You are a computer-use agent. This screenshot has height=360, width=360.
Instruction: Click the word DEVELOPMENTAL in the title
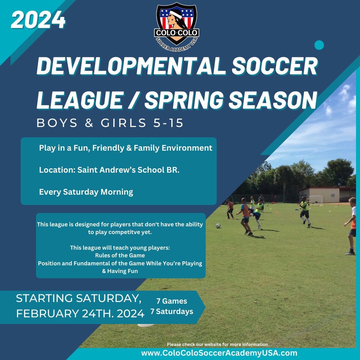tap(132, 66)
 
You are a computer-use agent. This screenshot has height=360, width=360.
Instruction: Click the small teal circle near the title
tap(319, 45)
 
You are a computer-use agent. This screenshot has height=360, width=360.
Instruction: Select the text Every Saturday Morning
tap(86, 192)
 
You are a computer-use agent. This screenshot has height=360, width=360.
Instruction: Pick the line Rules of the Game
tap(120, 255)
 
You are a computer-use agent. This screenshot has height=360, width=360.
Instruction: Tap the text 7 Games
tap(172, 301)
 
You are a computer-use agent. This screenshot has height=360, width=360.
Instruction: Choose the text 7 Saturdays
tap(172, 312)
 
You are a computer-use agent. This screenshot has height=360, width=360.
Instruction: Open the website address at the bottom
tap(219, 353)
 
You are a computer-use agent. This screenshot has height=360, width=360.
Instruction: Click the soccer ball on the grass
tap(218, 226)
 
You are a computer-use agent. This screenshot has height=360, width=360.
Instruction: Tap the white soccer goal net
tap(316, 199)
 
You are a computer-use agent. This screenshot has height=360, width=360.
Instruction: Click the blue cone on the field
tap(297, 210)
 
